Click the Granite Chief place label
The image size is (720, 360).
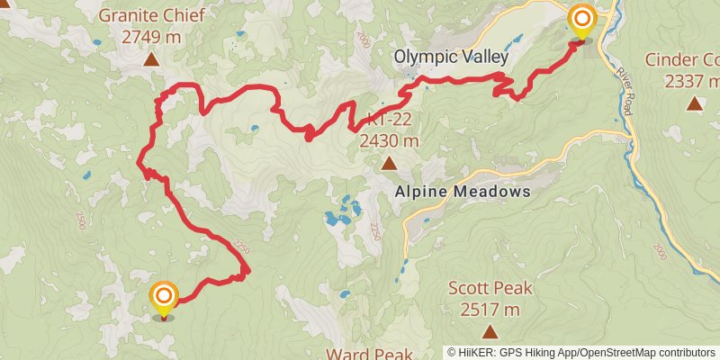point(151,15)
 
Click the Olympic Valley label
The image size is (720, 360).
point(451,57)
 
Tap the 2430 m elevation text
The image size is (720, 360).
point(388,141)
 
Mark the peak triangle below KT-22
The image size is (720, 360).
point(388,164)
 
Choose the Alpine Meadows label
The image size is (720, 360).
point(463,193)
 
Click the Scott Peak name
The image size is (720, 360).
point(490,289)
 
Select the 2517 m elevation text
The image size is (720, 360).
point(490,310)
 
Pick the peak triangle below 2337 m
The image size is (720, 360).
point(694,103)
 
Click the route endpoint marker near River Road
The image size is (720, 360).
point(582,20)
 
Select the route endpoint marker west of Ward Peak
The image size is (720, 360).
point(164,297)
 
